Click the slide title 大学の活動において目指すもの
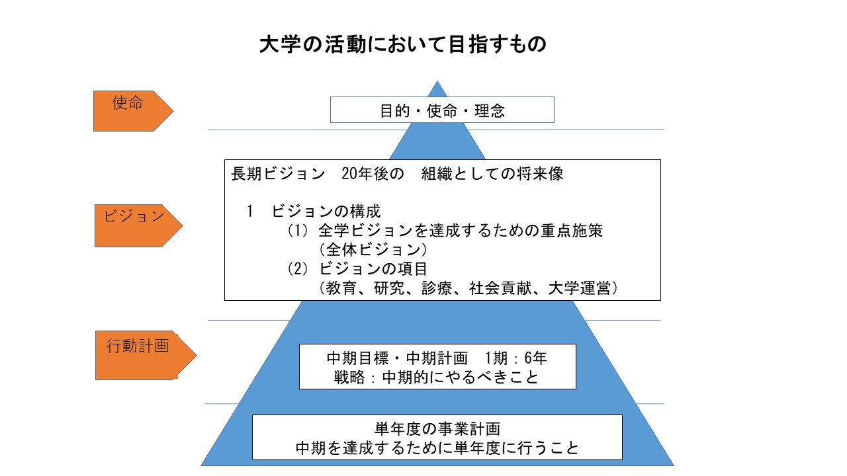[x=403, y=45]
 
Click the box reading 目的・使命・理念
[x=442, y=110]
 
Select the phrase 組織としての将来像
[x=492, y=175]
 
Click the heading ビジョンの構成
[x=326, y=212]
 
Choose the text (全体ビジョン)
[x=373, y=251]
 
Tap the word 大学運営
[x=578, y=289]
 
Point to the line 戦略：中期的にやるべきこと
[x=437, y=377]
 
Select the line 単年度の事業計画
[x=437, y=428]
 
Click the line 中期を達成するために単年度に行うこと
[x=437, y=448]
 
